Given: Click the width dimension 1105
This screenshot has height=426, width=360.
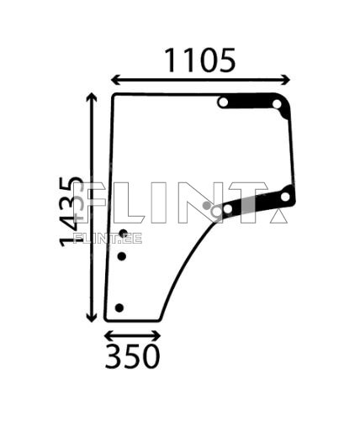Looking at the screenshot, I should (x=199, y=60).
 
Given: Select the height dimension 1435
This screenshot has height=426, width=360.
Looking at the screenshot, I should (x=73, y=211).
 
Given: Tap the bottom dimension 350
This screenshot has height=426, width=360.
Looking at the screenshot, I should (x=132, y=357).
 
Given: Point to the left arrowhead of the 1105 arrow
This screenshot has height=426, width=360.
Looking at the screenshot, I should (x=114, y=81).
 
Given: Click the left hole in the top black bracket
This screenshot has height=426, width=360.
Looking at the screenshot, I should (x=223, y=103).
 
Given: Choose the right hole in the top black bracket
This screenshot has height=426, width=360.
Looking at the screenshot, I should (x=278, y=104).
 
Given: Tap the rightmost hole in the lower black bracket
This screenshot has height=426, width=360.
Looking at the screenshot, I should (x=285, y=197).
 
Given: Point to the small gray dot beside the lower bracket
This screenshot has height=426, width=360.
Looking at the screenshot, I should (x=207, y=204).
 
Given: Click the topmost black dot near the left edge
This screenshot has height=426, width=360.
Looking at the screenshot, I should (x=123, y=233).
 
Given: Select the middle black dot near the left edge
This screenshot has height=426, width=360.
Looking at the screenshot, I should (x=121, y=255).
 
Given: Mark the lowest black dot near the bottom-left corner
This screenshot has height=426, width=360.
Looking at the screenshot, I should (x=119, y=308).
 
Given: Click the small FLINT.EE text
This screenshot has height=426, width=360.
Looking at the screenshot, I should (x=108, y=238).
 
